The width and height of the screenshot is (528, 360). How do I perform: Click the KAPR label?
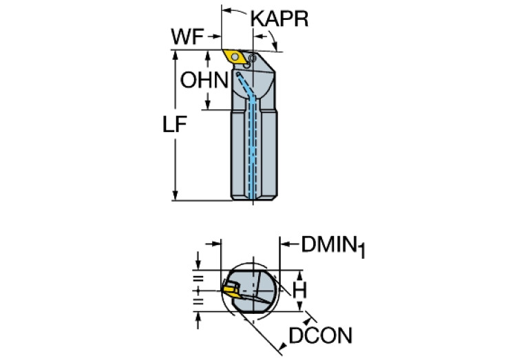(279, 19)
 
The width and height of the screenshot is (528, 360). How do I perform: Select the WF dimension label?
(187, 36)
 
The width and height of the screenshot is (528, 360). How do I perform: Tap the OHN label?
(204, 80)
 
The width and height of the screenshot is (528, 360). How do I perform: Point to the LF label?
(175, 125)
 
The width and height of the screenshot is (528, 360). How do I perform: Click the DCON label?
(321, 335)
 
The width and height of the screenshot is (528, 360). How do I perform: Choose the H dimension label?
(299, 290)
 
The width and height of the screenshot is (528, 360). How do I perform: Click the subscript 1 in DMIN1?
(361, 251)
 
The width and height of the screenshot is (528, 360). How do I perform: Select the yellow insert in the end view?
(231, 290)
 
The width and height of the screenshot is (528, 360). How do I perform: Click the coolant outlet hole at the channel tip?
(238, 74)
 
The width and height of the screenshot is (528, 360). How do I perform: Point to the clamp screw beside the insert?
(251, 59)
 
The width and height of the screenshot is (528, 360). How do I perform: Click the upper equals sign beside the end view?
(198, 279)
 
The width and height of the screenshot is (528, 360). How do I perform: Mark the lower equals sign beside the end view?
(198, 301)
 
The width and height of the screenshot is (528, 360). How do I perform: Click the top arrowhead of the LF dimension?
(175, 55)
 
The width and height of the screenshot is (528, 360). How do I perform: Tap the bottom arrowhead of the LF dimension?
(175, 195)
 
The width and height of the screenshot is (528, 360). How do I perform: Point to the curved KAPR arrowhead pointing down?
(276, 47)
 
